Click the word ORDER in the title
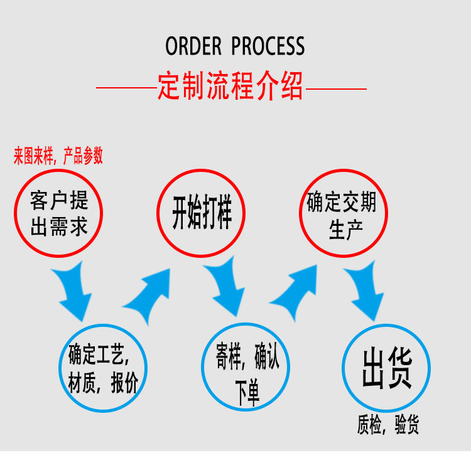tap(193, 46)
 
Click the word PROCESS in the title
tap(268, 46)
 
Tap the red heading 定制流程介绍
tap(230, 87)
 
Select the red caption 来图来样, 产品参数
tap(58, 156)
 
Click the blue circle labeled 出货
tap(386, 368)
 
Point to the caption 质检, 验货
tap(387, 426)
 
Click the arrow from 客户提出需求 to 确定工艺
tap(73, 290)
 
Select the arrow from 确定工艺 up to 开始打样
tap(149, 292)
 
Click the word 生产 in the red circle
tap(343, 229)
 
